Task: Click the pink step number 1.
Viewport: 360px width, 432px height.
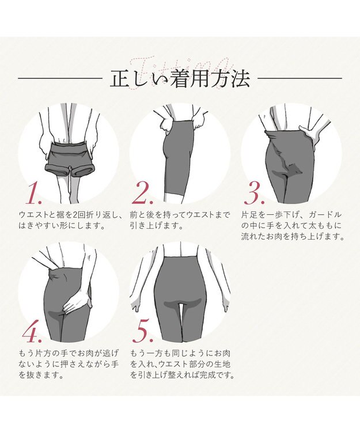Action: [33, 195]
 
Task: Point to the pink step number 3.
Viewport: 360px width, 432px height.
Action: [255, 195]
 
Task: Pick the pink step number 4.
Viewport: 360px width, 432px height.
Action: [33, 333]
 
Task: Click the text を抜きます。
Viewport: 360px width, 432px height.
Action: [41, 376]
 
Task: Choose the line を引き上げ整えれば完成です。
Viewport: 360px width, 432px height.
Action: [183, 376]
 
